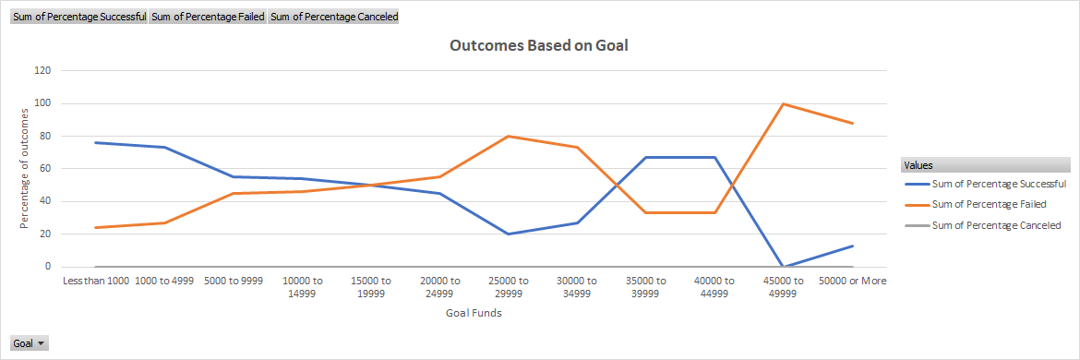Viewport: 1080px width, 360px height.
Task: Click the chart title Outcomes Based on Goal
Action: (x=538, y=45)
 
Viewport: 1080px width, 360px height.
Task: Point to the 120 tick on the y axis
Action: (x=42, y=70)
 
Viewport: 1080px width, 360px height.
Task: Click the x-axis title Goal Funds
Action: (x=474, y=313)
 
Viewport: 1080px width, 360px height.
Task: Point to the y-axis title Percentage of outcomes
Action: (x=25, y=169)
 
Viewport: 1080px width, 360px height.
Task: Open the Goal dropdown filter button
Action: (x=29, y=343)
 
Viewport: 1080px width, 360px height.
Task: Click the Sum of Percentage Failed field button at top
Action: (x=208, y=17)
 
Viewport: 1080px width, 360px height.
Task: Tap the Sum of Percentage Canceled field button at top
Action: (x=333, y=17)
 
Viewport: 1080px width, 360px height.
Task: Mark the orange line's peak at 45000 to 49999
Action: (x=783, y=103)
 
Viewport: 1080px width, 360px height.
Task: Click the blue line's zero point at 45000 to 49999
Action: (x=783, y=267)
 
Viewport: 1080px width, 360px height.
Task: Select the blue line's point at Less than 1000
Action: (x=95, y=142)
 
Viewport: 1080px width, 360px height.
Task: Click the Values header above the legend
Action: (x=918, y=165)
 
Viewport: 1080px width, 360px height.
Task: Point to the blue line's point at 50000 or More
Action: (x=852, y=246)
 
